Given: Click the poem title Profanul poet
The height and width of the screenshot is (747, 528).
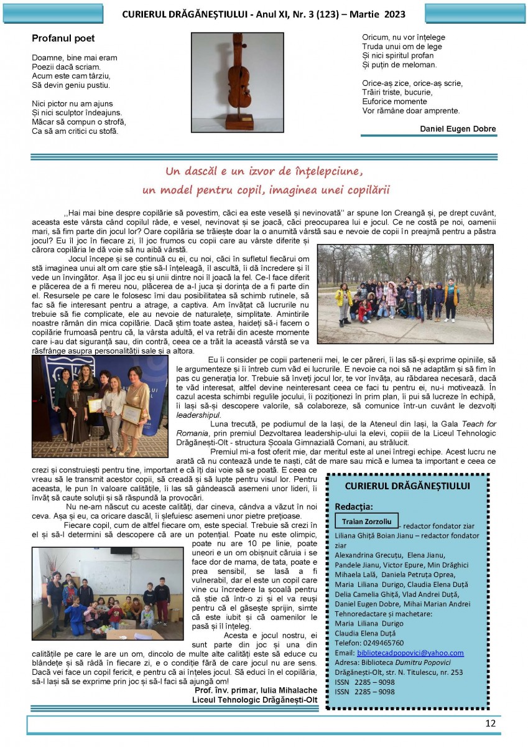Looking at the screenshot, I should [63, 39].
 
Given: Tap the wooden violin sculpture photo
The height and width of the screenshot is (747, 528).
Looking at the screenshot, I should [237, 82].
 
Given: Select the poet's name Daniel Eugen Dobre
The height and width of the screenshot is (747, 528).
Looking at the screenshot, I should [458, 129].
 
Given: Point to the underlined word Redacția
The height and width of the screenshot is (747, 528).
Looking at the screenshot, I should [353, 507].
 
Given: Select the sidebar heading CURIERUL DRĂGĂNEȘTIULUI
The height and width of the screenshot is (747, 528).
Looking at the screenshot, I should [407, 486].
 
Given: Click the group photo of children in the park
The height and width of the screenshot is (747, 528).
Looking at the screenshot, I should [405, 293].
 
